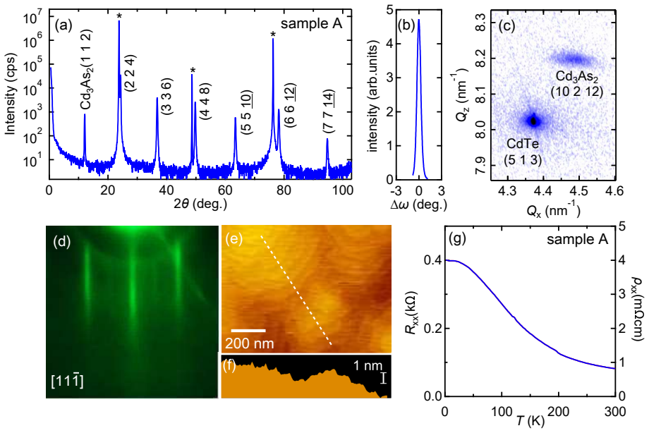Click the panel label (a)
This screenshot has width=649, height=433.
(63, 25)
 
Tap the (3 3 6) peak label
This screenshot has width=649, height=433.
(166, 97)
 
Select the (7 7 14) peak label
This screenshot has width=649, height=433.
(329, 111)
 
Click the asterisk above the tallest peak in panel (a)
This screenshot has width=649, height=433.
(119, 16)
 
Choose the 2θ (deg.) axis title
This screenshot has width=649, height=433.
(200, 203)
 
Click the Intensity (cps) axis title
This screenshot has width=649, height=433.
(10, 94)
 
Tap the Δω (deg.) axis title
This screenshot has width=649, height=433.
(418, 204)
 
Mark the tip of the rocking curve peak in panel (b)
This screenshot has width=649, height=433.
(419, 20)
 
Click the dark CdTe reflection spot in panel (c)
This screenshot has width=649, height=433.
(533, 121)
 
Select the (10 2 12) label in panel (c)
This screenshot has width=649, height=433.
(577, 92)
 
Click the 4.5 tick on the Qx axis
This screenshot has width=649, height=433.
(578, 191)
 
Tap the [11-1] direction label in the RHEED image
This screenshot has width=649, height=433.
(67, 381)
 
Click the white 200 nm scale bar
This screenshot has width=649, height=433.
(248, 330)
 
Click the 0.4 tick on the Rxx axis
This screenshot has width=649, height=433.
(432, 260)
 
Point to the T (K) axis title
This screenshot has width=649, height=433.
(530, 420)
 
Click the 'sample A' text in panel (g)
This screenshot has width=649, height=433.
(577, 239)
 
